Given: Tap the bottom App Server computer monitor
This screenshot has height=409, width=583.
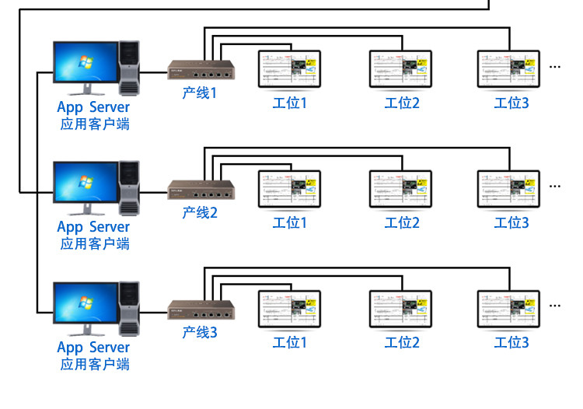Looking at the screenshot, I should point(85,304).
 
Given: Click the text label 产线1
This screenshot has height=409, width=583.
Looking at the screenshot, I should point(200,92).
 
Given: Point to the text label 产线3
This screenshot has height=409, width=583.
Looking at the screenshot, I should point(200,332).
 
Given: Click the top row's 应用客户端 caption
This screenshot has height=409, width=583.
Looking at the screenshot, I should point(94,124).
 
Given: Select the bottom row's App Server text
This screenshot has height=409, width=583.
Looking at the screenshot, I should point(93,347).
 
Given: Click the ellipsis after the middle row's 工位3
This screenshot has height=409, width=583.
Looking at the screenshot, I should point(554,187).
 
